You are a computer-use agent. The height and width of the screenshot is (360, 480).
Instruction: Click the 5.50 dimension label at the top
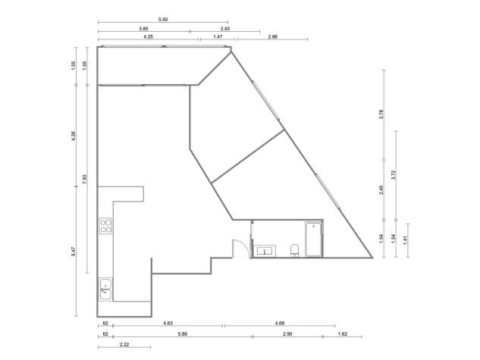(163, 20)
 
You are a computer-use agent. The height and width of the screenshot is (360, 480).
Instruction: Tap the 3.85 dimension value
(143, 29)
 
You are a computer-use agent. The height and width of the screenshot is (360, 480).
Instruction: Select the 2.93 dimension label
(225, 29)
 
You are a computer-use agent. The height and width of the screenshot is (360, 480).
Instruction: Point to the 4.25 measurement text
(148, 36)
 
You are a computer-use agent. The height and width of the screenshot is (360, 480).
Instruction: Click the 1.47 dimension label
(218, 36)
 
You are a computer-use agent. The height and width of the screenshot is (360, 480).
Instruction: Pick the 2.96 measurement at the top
(272, 36)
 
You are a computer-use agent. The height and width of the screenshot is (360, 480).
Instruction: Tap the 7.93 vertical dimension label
(85, 179)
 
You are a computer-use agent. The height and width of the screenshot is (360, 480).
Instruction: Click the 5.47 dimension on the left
(73, 252)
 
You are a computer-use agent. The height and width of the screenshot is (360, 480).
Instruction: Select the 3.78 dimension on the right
(381, 114)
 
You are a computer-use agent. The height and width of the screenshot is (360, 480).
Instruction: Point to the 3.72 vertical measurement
(394, 175)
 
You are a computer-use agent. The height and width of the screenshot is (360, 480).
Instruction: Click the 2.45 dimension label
(381, 190)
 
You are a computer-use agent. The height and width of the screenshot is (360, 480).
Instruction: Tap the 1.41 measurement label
(405, 240)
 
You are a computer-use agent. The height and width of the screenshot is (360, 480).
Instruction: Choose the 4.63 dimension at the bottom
(168, 323)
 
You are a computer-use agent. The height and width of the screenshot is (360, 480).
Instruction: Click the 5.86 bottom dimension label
(183, 333)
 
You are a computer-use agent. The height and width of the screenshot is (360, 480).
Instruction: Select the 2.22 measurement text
(124, 344)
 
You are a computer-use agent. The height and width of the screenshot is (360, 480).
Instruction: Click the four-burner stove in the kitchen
(105, 226)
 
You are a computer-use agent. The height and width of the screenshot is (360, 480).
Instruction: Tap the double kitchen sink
(105, 290)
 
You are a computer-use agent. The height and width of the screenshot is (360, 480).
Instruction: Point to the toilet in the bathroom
(294, 250)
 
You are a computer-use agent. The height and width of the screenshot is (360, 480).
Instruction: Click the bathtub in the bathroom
(313, 239)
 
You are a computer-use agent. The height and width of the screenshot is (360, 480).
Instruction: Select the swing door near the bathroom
(240, 249)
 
